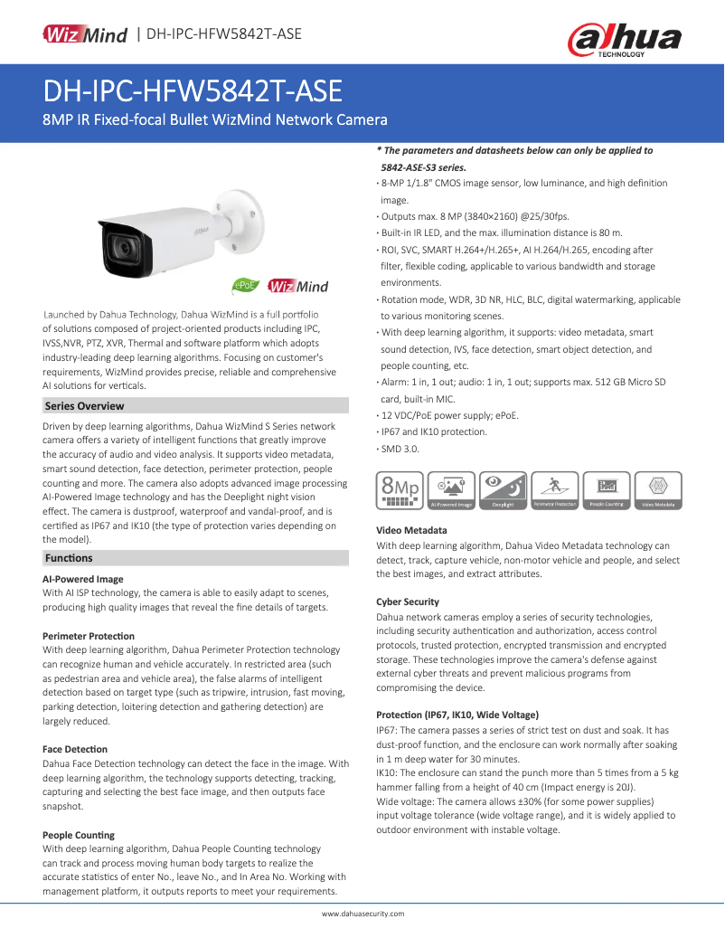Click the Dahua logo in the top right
[x=623, y=40]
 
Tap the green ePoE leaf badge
[x=245, y=286]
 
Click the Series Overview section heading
[x=85, y=406]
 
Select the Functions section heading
[x=69, y=558]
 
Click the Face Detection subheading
[x=75, y=749]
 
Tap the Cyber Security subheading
[x=408, y=602]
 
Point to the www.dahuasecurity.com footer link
[x=362, y=914]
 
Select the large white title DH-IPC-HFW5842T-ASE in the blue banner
[x=193, y=91]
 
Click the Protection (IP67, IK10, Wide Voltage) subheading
[x=457, y=715]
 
